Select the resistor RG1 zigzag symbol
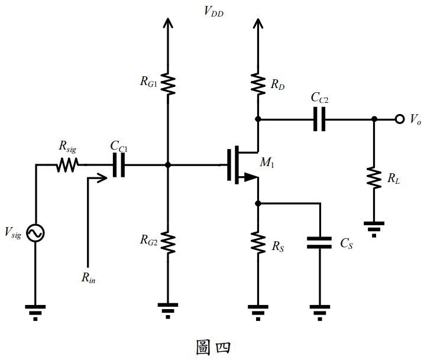click(x=168, y=84)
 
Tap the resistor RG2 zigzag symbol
click(x=168, y=241)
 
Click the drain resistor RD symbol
click(x=258, y=84)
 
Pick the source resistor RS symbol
click(x=258, y=241)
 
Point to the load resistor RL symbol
click(x=374, y=177)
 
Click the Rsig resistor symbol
click(x=67, y=166)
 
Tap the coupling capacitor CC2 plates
click(x=319, y=119)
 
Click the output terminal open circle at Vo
click(x=400, y=119)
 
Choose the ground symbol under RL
click(x=374, y=228)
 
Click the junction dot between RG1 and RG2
click(x=168, y=166)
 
